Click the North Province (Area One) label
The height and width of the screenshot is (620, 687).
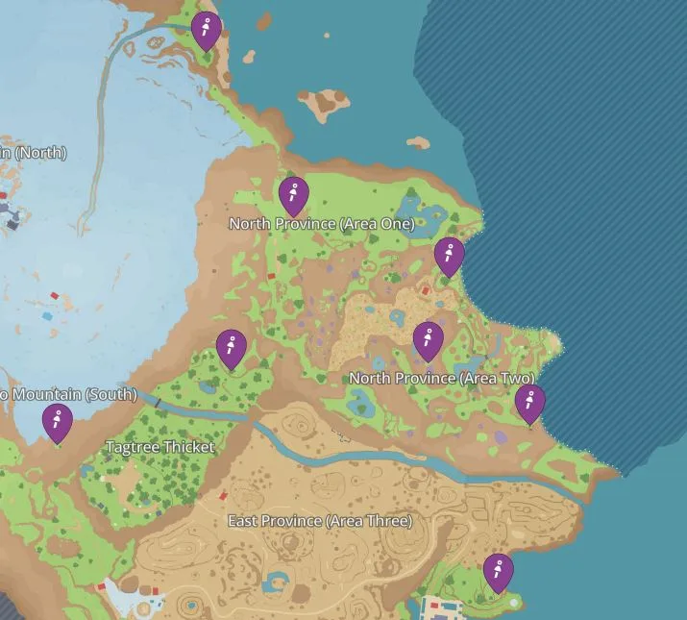pyautogui.click(x=321, y=224)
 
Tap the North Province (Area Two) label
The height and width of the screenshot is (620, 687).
pyautogui.click(x=441, y=379)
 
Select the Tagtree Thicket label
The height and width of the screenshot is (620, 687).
pyautogui.click(x=159, y=448)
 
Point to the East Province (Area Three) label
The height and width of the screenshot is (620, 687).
pyautogui.click(x=319, y=521)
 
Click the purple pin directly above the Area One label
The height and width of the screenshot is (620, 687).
pyautogui.click(x=294, y=195)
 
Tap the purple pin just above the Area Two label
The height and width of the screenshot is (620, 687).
pyautogui.click(x=428, y=340)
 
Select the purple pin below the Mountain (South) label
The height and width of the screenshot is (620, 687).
pyautogui.click(x=58, y=422)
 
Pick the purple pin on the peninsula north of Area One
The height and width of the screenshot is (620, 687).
pyautogui.click(x=206, y=30)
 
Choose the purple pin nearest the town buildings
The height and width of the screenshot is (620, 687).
pyautogui.click(x=497, y=572)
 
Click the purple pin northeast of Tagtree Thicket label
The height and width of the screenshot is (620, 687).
pyautogui.click(x=232, y=348)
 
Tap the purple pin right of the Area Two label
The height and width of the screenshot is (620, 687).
pyautogui.click(x=529, y=403)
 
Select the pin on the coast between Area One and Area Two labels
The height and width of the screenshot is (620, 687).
pyautogui.click(x=449, y=256)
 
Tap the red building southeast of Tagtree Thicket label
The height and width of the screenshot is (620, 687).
pyautogui.click(x=223, y=497)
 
